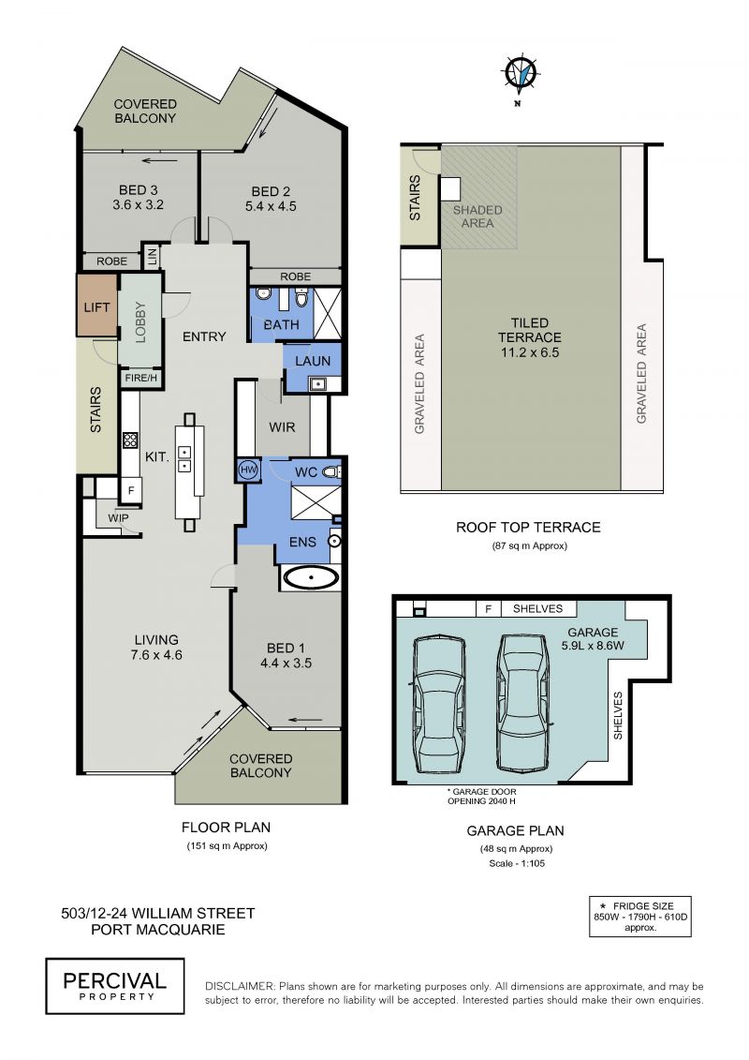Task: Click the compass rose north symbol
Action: (520, 74)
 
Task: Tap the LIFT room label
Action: (96, 307)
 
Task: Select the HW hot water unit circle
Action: (248, 470)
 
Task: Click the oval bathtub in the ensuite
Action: (311, 578)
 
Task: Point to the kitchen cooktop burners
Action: (130, 440)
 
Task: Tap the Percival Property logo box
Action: (115, 986)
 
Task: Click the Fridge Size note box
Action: (640, 917)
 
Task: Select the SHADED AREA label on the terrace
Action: (477, 216)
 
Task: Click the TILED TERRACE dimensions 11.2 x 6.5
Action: (530, 352)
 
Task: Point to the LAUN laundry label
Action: (313, 361)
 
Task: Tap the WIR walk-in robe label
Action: (282, 427)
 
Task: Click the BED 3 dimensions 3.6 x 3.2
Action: (139, 205)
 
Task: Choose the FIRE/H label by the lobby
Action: (141, 378)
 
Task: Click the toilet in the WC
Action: (330, 471)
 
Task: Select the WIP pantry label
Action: (118, 518)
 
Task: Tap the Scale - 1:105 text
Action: (517, 863)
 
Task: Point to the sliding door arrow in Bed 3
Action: (160, 161)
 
